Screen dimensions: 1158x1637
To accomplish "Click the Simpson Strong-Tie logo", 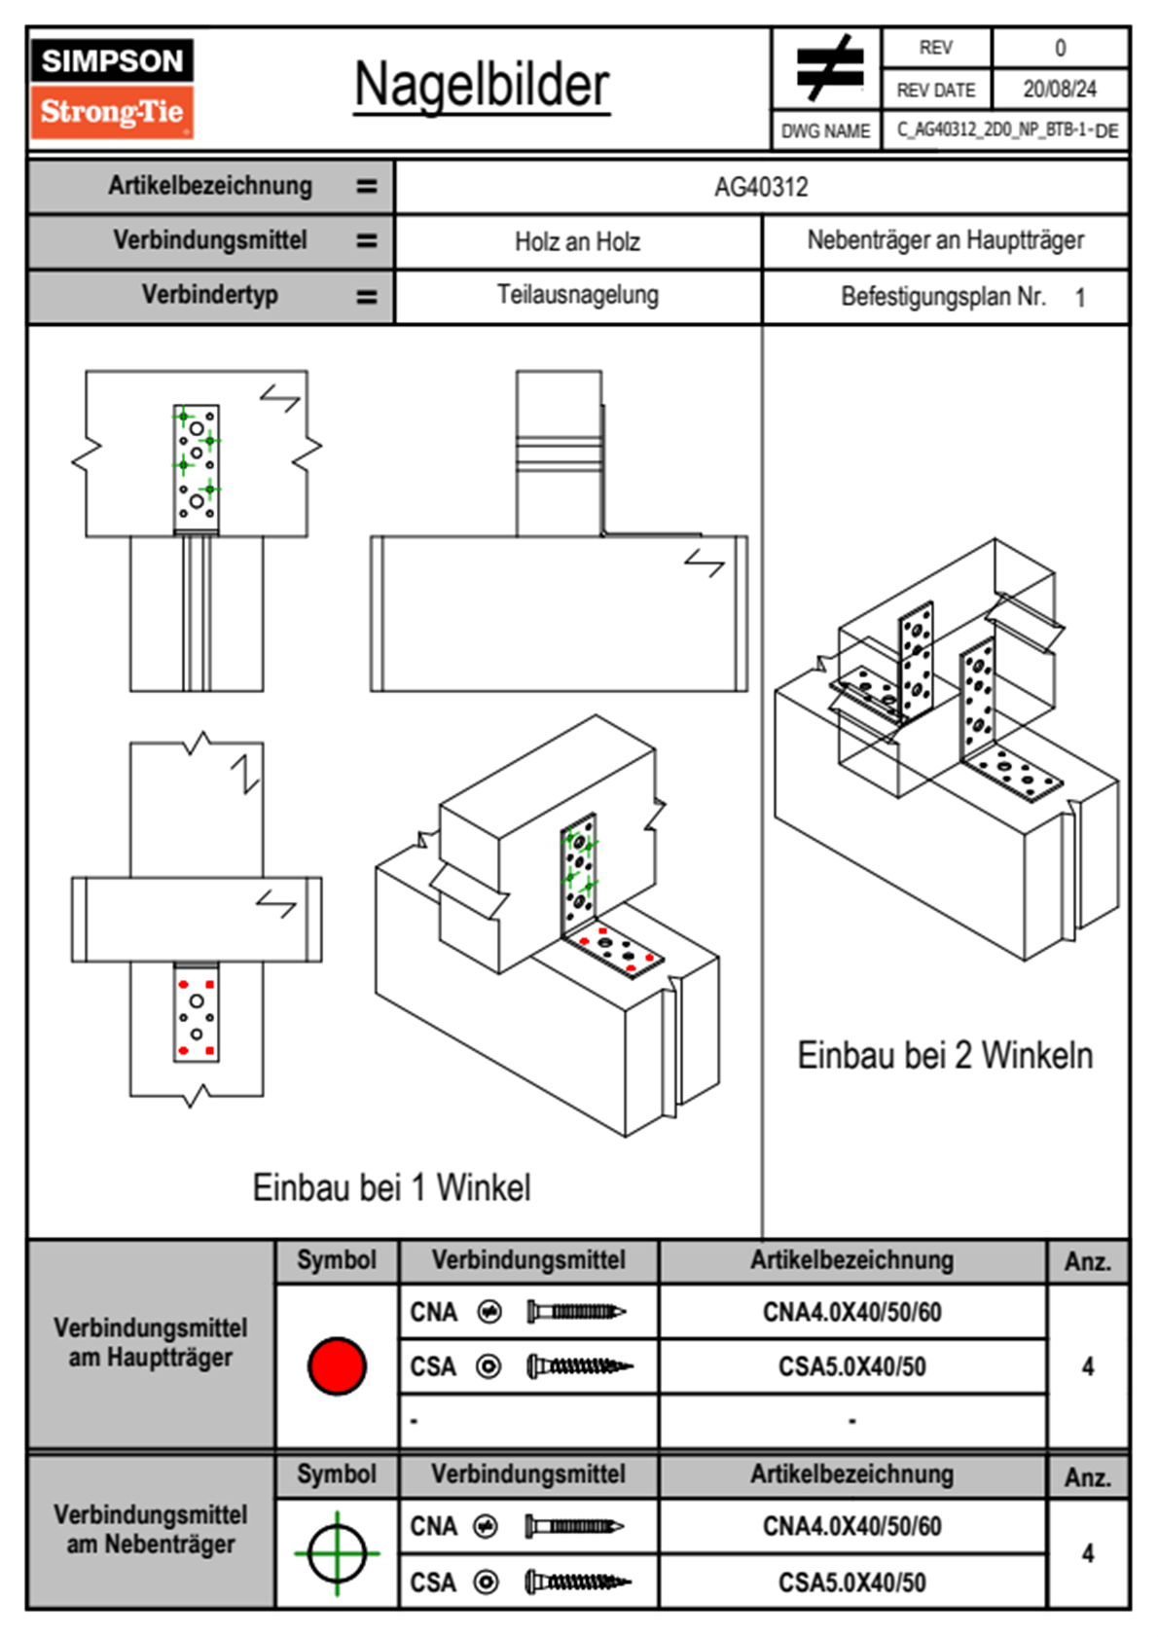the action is [112, 89].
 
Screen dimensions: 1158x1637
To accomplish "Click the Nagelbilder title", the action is [482, 85].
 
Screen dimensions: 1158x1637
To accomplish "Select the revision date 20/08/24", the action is [1060, 90].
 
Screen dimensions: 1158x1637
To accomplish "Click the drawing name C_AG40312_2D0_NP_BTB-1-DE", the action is [1007, 130].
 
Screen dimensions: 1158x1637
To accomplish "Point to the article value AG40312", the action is [761, 188].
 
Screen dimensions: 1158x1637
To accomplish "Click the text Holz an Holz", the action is [577, 241].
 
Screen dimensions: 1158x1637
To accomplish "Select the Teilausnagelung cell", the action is [578, 295].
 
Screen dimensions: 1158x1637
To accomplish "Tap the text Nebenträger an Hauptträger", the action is [946, 240].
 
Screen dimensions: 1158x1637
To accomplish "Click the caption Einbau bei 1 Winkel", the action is [391, 1187].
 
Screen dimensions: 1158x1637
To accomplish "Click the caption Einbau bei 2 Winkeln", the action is [945, 1056].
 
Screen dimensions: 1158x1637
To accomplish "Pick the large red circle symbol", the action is [337, 1365].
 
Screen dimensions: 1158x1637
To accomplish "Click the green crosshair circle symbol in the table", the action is [337, 1553].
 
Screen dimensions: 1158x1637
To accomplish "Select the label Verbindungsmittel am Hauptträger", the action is [151, 1342].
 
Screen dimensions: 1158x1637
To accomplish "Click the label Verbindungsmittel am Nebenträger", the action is [151, 1529].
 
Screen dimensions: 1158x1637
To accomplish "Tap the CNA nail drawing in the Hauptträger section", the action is [576, 1312].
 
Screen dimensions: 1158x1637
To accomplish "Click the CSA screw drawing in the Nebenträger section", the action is [578, 1582].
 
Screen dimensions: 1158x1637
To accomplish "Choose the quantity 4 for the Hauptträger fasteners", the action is [1088, 1365].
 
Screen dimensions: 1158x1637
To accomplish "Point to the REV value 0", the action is [1060, 49].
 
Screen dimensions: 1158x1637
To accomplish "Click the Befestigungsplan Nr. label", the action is [943, 297].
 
